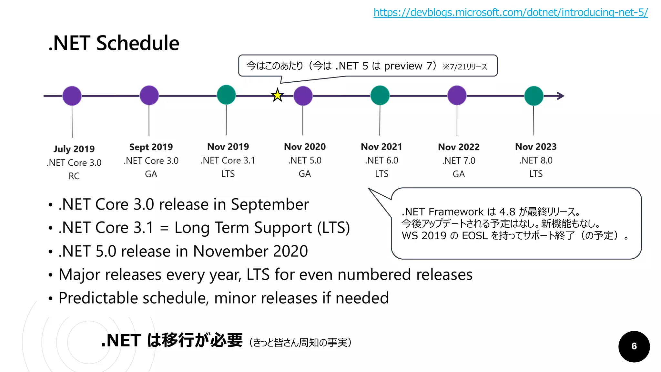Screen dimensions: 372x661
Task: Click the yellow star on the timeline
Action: pos(277,96)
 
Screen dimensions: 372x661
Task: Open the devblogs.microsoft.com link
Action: pos(511,12)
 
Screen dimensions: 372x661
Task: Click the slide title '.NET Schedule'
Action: pos(114,43)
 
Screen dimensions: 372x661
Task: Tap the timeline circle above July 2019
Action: pos(72,96)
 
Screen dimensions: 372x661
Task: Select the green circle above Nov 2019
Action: pos(226,95)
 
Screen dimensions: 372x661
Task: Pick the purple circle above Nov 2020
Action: pos(303,96)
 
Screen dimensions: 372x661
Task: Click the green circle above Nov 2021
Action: pos(380,95)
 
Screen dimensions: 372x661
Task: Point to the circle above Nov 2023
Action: pos(534,96)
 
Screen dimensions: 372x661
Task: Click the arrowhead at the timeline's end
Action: pos(561,96)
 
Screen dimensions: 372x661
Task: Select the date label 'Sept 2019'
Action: pos(151,147)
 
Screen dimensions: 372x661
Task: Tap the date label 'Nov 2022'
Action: pos(459,147)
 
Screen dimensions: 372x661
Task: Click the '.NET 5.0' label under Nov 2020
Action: pos(305,160)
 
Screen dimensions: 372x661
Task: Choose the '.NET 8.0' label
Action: pos(536,160)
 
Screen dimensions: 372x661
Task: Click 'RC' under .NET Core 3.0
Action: pos(74,176)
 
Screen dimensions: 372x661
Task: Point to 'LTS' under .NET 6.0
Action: pos(381,174)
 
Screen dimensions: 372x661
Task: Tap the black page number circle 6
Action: pos(634,346)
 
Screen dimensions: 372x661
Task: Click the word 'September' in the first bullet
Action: pos(270,205)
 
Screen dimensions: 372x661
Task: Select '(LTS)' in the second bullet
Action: pos(333,228)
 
